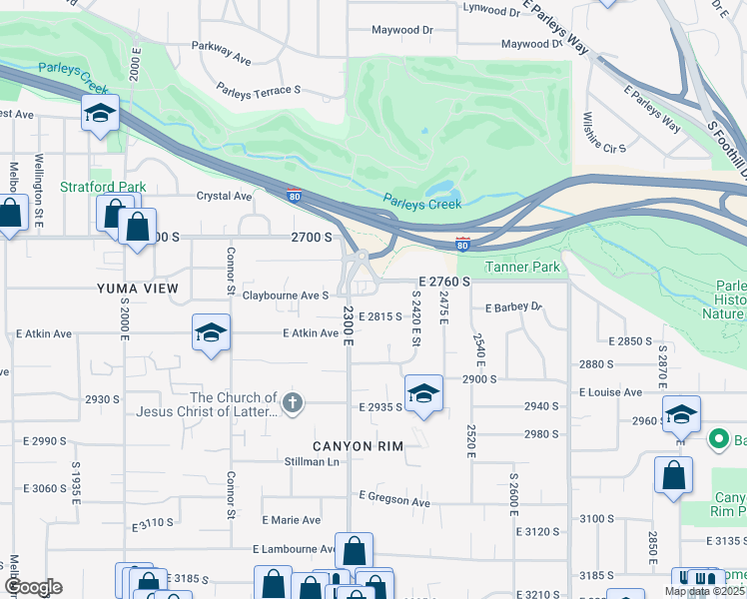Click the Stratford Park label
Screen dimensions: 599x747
pyautogui.click(x=103, y=187)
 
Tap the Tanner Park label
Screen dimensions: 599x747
pyautogui.click(x=523, y=267)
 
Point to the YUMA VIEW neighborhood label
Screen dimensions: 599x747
pyautogui.click(x=138, y=289)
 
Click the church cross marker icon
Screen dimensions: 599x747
pyautogui.click(x=292, y=403)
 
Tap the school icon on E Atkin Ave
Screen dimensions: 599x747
pyautogui.click(x=211, y=334)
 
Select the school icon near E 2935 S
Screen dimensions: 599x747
pyautogui.click(x=423, y=394)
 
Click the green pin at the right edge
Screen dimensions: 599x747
pyautogui.click(x=717, y=439)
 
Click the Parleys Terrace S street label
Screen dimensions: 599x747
pyautogui.click(x=260, y=90)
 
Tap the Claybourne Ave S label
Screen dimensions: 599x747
pyautogui.click(x=286, y=296)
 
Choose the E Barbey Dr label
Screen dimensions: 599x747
pyautogui.click(x=512, y=307)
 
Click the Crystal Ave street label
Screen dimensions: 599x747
pyautogui.click(x=224, y=197)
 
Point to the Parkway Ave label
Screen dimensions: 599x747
pyautogui.click(x=222, y=52)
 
